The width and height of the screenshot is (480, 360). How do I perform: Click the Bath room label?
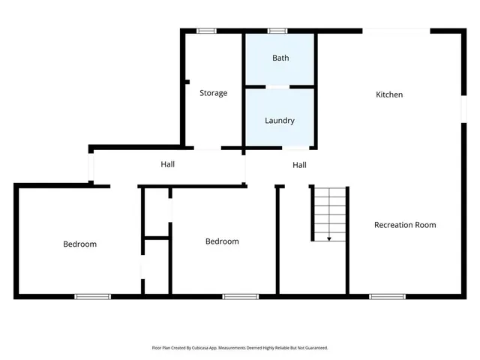(x=280, y=58)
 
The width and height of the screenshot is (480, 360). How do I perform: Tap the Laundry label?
(x=280, y=120)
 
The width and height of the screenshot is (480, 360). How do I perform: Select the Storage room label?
(x=213, y=93)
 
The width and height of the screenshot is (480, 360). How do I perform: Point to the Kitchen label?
(x=389, y=94)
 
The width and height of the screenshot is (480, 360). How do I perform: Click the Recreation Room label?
(x=405, y=224)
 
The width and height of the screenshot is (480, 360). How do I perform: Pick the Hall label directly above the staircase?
(x=299, y=165)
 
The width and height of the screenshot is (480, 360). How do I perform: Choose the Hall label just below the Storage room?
(x=168, y=164)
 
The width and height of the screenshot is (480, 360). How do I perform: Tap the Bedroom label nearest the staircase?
(x=222, y=241)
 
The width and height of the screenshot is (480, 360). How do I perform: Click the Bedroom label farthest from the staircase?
(x=79, y=244)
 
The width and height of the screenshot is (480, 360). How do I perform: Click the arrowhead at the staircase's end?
(x=329, y=238)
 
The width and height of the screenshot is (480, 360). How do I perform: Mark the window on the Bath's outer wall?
(x=277, y=31)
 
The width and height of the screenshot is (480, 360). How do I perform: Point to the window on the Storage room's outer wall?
(x=206, y=31)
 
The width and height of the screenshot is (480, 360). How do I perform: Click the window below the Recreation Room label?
(x=387, y=296)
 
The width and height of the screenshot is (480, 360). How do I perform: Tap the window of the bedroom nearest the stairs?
(x=240, y=296)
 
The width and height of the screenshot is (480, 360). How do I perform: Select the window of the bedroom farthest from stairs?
(x=92, y=296)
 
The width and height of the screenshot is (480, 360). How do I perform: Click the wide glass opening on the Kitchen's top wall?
(x=396, y=31)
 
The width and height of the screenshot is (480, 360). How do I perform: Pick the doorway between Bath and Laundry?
(x=279, y=87)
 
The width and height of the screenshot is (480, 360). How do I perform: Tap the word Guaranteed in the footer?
(x=314, y=348)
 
